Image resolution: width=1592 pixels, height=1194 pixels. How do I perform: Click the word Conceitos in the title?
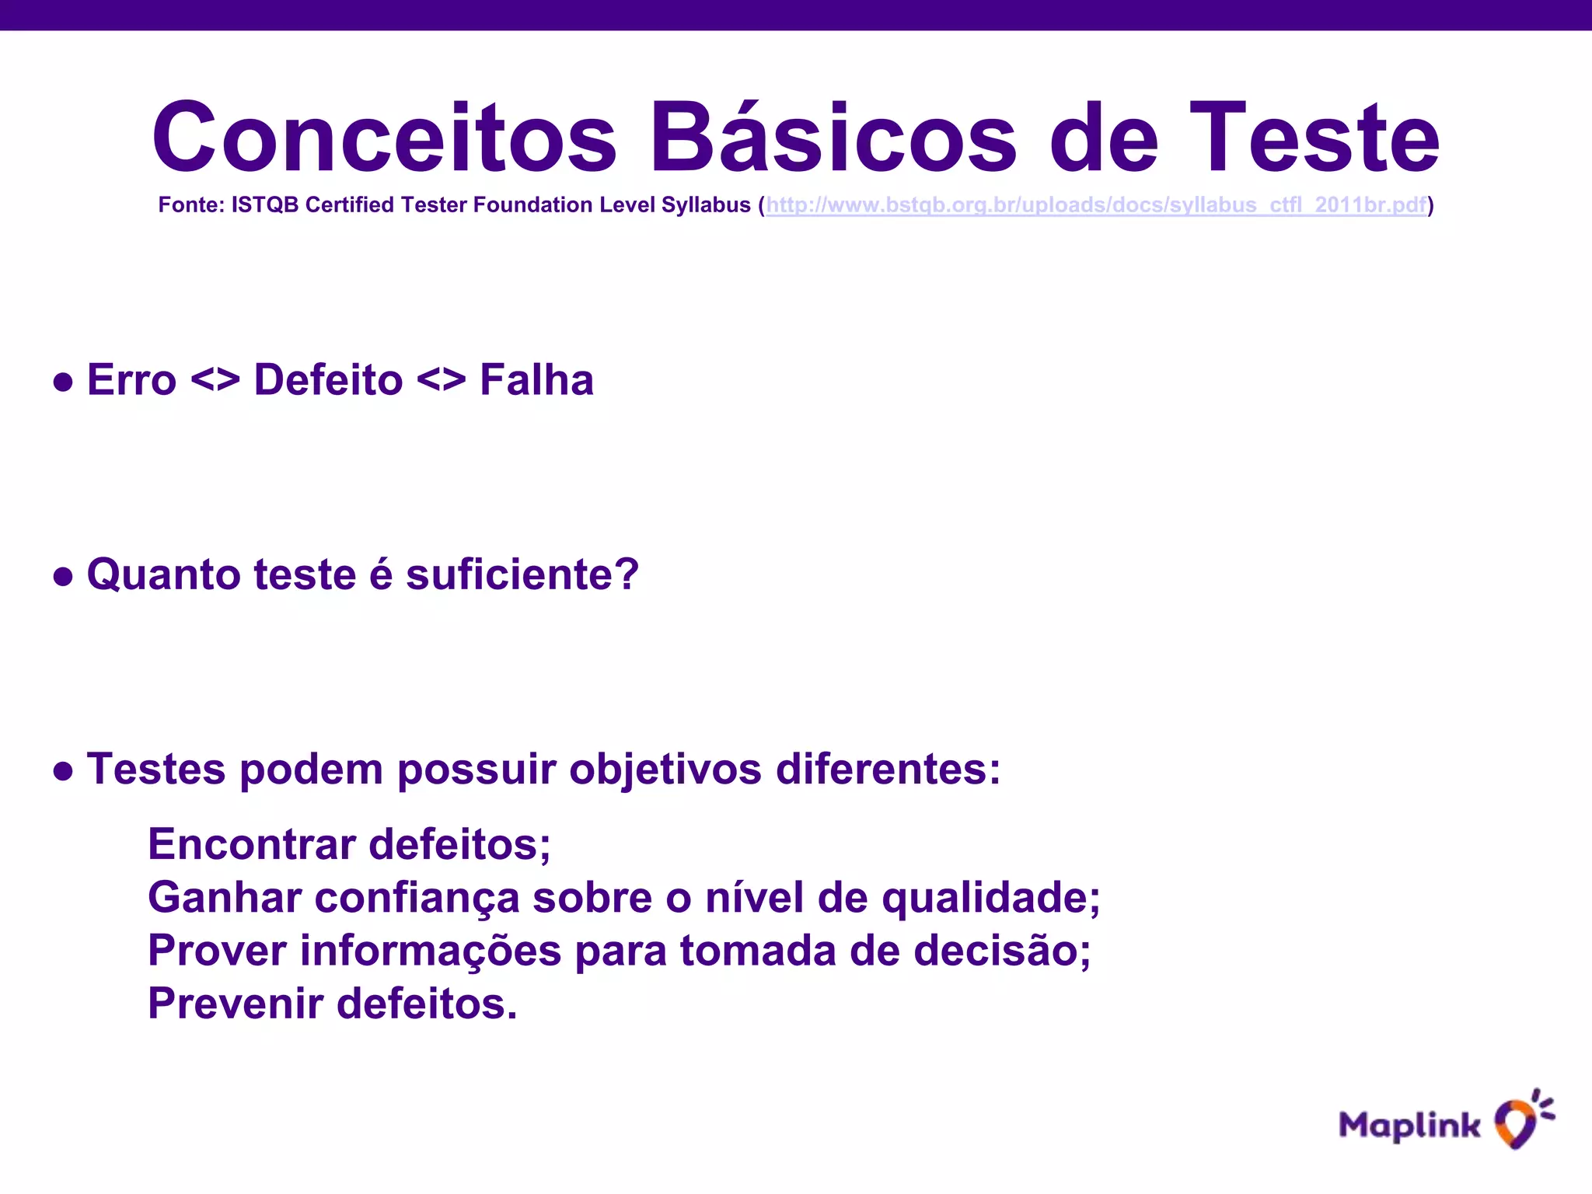tap(384, 138)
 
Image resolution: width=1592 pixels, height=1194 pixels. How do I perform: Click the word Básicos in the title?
tap(833, 138)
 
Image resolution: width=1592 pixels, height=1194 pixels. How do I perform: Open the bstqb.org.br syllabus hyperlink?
tap(1096, 205)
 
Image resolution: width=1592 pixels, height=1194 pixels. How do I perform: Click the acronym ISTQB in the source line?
tap(265, 205)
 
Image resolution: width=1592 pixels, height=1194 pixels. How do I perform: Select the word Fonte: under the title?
tap(191, 205)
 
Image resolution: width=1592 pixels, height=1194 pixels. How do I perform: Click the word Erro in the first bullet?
tap(131, 380)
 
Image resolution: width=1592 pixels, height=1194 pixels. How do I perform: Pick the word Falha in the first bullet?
tap(536, 380)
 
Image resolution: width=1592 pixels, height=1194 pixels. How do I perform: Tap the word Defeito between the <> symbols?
tap(328, 380)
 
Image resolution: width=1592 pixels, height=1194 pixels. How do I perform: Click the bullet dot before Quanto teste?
tap(63, 576)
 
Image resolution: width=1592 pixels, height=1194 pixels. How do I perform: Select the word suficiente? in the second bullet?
tap(522, 575)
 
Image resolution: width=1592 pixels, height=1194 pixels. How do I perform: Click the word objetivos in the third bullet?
tap(665, 770)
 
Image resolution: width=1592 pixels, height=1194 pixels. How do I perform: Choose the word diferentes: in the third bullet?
tap(889, 770)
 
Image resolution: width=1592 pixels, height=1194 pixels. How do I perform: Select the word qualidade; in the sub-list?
tap(991, 898)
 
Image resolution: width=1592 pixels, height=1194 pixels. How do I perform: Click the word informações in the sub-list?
tap(431, 951)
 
